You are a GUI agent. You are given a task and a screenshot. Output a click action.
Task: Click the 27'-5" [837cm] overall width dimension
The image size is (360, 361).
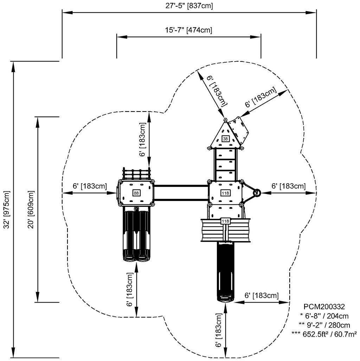coord(189,6)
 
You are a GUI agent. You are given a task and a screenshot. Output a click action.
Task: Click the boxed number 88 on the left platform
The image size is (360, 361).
coord(136,193)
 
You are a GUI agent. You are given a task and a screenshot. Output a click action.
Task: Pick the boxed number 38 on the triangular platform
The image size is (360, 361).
coord(225,139)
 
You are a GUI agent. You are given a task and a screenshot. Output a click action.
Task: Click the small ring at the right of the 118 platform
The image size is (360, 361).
coord(257,192)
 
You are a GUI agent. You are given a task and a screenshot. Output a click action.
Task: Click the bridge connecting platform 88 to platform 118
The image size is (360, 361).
coord(181,193)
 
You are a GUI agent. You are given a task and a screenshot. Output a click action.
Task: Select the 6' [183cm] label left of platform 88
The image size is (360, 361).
coord(89,186)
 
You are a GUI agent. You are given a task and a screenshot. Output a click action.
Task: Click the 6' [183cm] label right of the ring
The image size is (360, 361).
coord(288,186)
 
